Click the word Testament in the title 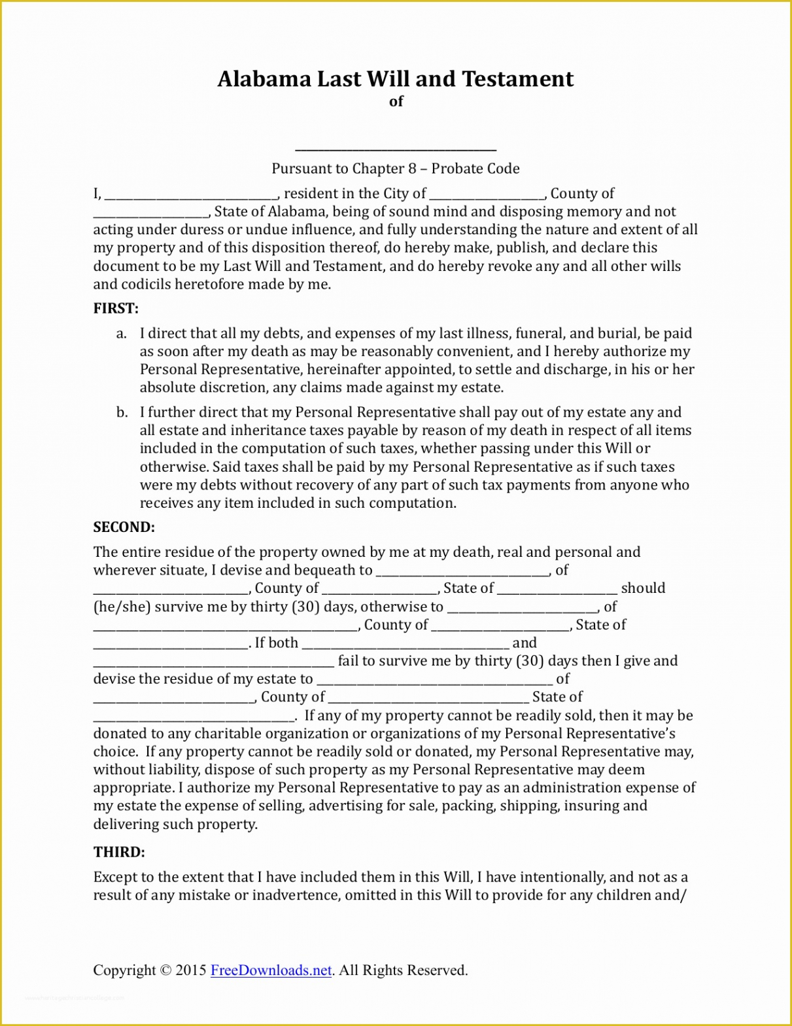(x=517, y=79)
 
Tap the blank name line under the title (x=396, y=149)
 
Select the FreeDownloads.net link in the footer (x=271, y=970)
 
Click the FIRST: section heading (x=116, y=308)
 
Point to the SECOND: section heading (x=124, y=527)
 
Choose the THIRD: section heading (x=119, y=852)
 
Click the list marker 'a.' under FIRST (x=122, y=334)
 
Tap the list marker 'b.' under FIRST (x=122, y=412)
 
